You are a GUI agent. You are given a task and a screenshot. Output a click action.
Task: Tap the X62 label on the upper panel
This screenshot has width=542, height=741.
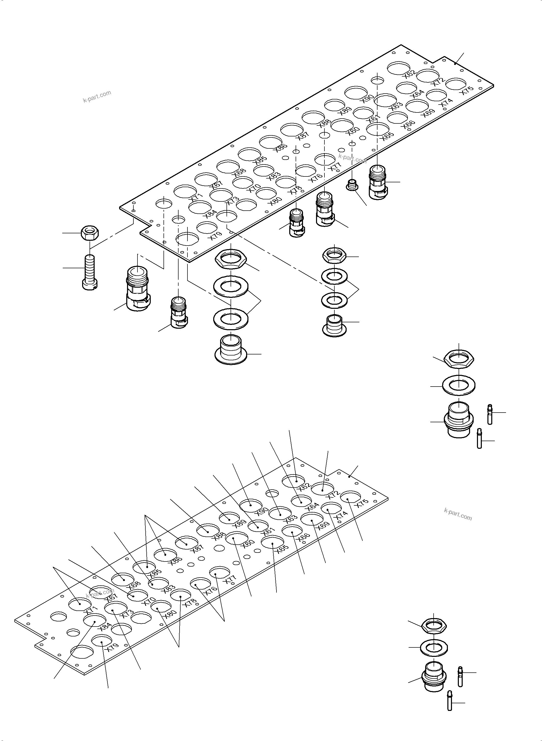tap(410, 74)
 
